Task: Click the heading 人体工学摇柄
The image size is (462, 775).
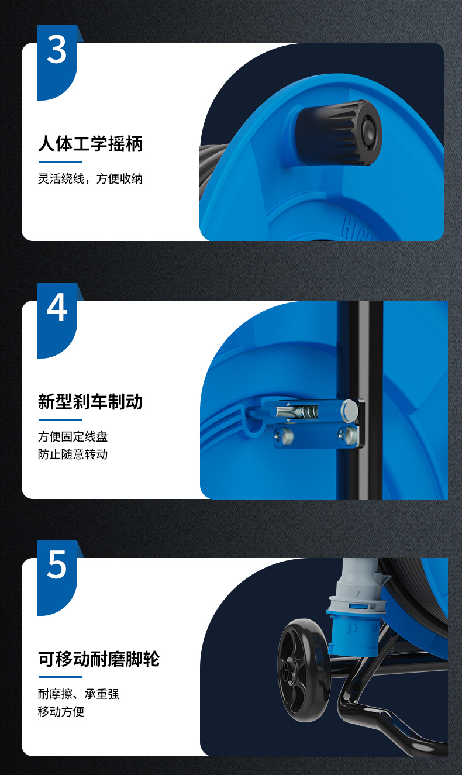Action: point(90,143)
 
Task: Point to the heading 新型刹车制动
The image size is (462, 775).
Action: point(90,402)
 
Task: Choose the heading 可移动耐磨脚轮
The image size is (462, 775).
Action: point(99,659)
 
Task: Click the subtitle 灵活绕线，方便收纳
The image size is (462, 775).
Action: point(90,179)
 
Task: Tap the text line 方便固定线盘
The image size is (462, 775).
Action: point(73,436)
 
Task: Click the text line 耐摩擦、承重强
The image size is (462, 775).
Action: point(78,694)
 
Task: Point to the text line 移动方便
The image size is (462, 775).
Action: point(61,712)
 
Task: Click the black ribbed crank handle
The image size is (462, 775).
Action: point(338,133)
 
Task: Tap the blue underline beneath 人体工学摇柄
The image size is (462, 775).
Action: point(60,161)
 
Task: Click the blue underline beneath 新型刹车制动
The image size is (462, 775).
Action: point(60,420)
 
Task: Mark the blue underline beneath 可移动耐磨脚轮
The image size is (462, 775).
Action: point(60,677)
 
